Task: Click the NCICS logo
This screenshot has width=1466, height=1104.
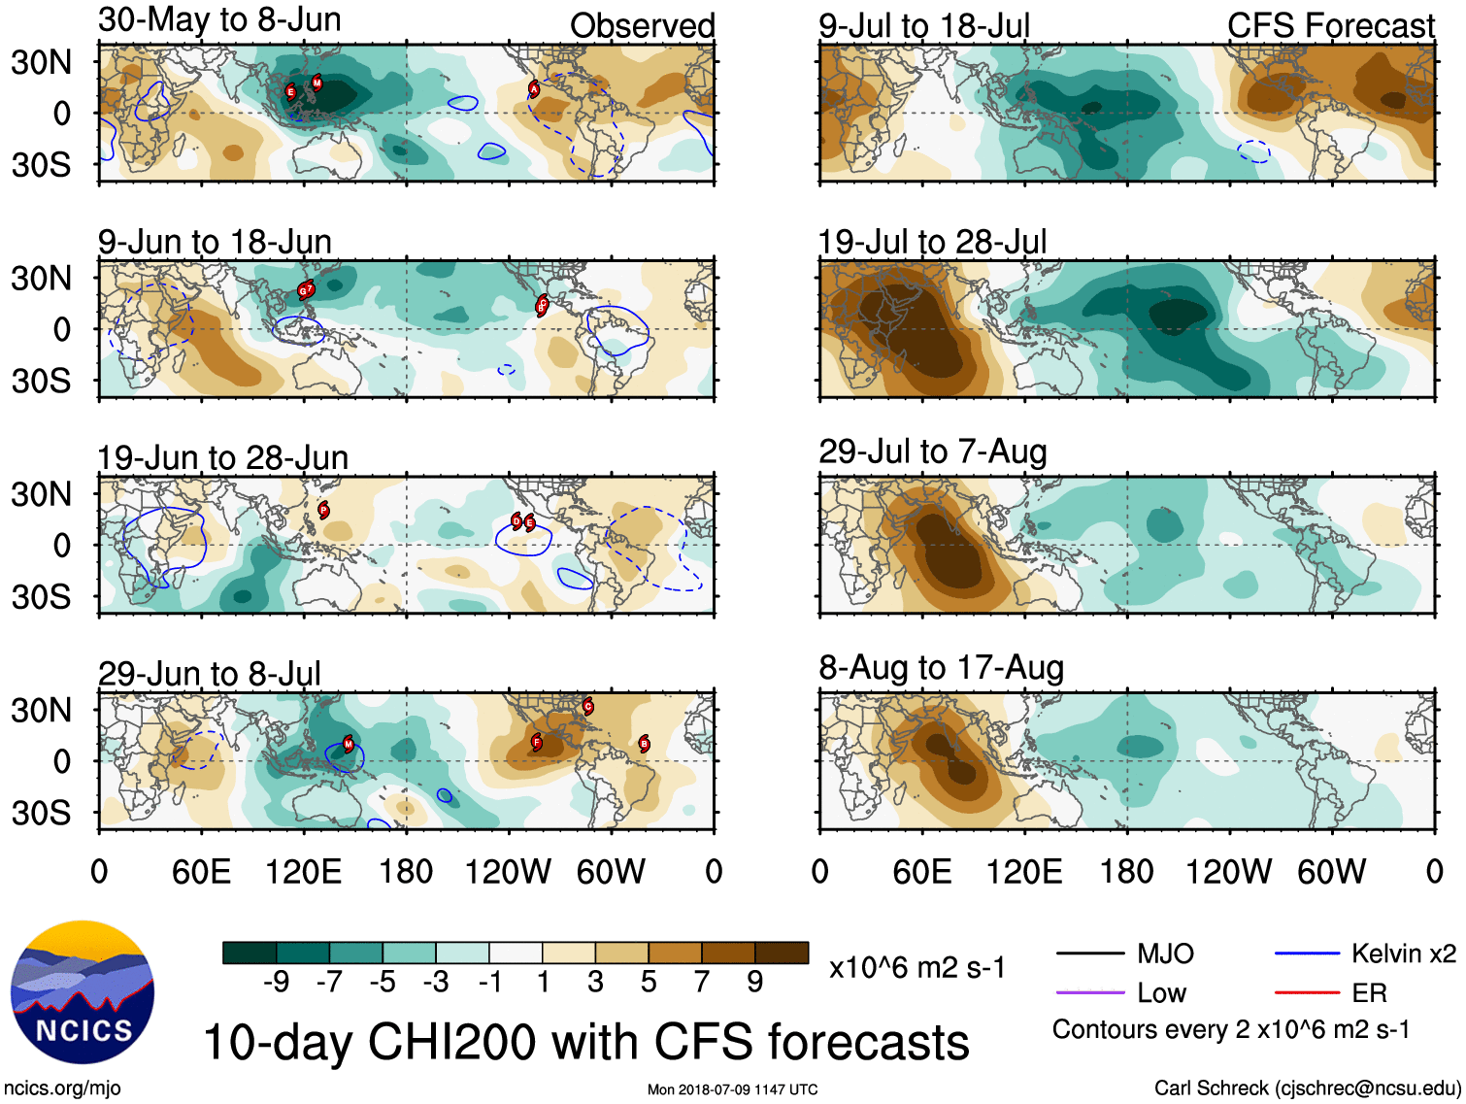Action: pos(83,990)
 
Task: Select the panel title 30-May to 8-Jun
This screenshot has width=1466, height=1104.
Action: pos(219,19)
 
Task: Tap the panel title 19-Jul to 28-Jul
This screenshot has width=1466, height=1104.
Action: pos(932,241)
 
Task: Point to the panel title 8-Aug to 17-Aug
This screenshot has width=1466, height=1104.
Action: pos(941,668)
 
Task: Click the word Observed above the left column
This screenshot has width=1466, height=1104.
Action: pos(642,25)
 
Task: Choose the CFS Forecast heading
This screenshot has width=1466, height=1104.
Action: pos(1330,25)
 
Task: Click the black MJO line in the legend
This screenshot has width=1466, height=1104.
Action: pos(1089,954)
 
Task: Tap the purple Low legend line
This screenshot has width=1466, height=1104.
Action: pos(1089,993)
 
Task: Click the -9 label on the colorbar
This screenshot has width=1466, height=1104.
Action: pos(276,983)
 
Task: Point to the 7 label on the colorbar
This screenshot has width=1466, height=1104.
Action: pos(702,983)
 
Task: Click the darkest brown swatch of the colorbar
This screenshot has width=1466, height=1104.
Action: pos(782,953)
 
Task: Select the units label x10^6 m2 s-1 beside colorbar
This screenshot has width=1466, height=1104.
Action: pos(916,967)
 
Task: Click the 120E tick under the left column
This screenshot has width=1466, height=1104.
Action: pos(303,871)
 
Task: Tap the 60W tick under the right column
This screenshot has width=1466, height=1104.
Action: pos(1331,871)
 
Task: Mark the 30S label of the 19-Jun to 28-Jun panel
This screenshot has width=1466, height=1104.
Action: pos(41,596)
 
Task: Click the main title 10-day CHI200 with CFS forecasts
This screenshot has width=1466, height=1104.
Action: pos(585,1042)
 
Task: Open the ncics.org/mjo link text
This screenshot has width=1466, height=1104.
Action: pos(62,1088)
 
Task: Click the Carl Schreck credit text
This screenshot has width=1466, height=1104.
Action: pos(1307,1088)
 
